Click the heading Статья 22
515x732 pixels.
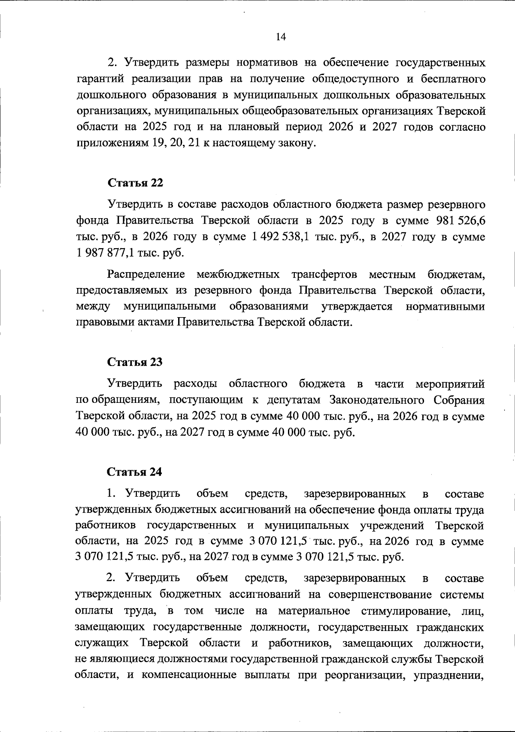135,183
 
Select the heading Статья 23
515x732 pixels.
135,362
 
